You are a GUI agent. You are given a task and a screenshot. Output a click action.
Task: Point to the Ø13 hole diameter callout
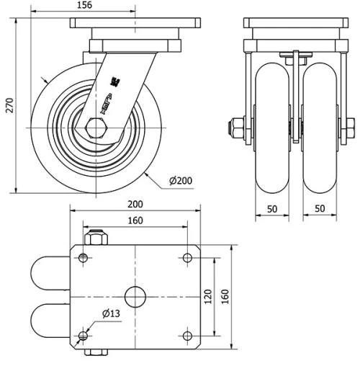(110, 314)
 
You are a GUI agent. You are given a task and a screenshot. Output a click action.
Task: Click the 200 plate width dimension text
(135, 204)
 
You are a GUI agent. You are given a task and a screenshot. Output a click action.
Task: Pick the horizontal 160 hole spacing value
(135, 220)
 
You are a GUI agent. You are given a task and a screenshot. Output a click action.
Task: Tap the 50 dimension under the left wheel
(272, 208)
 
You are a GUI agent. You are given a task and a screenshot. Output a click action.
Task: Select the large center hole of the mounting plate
(135, 296)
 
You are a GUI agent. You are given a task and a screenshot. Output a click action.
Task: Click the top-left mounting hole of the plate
(84, 257)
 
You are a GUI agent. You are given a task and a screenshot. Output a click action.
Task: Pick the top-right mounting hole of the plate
(187, 257)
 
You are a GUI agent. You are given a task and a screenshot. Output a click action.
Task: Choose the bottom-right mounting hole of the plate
(187, 336)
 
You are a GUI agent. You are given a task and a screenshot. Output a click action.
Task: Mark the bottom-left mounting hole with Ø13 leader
(84, 336)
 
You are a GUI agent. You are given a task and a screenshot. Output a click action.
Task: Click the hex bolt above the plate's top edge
(95, 238)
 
